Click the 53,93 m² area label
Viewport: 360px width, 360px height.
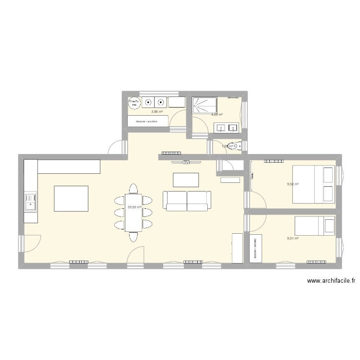[x=134, y=207]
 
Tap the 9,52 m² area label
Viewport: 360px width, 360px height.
[x=293, y=184]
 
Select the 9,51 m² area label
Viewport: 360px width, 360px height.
[x=293, y=238]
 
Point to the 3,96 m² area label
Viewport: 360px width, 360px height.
[x=157, y=112]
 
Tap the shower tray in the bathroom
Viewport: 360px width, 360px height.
[x=204, y=104]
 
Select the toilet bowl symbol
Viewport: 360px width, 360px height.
[x=234, y=146]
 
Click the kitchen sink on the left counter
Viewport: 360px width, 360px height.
[x=30, y=202]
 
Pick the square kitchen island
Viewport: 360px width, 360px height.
[x=71, y=198]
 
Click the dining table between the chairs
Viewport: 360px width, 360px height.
[x=133, y=212]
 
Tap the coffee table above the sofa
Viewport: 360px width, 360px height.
[x=186, y=179]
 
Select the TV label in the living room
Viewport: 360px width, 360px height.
[x=186, y=162]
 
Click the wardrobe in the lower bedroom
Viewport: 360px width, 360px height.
[x=256, y=248]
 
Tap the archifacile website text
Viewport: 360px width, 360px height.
[x=331, y=282]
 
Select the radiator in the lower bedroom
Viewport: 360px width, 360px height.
[x=317, y=262]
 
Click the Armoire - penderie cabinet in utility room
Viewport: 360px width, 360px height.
[x=148, y=121]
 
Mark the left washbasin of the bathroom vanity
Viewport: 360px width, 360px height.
[x=221, y=128]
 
